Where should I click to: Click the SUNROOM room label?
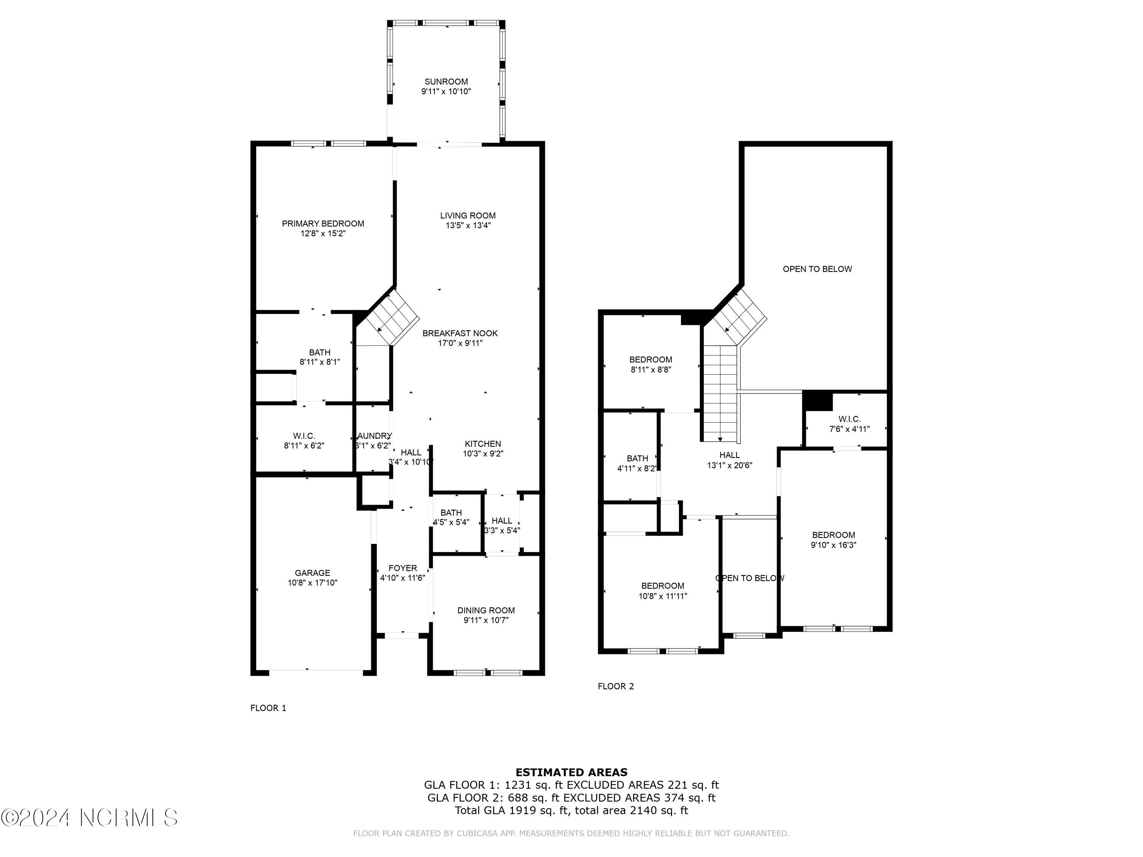[x=446, y=82]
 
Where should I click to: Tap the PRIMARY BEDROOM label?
[x=323, y=224]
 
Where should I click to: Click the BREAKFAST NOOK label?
[x=460, y=333]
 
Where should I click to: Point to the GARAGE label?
[x=312, y=572]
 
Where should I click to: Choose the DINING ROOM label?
[x=486, y=610]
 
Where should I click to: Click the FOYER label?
[x=403, y=568]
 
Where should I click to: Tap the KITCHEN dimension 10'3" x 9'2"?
[x=483, y=454]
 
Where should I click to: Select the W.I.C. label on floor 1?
[x=304, y=436]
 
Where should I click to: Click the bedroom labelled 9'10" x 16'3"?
[x=833, y=540]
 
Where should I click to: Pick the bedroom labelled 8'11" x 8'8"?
[x=651, y=364]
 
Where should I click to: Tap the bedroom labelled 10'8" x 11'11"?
[x=663, y=590]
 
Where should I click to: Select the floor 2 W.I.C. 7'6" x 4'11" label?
[x=849, y=424]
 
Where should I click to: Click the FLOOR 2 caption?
[x=615, y=686]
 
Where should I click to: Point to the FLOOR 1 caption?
[x=268, y=708]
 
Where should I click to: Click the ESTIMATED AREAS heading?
[x=571, y=772]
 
